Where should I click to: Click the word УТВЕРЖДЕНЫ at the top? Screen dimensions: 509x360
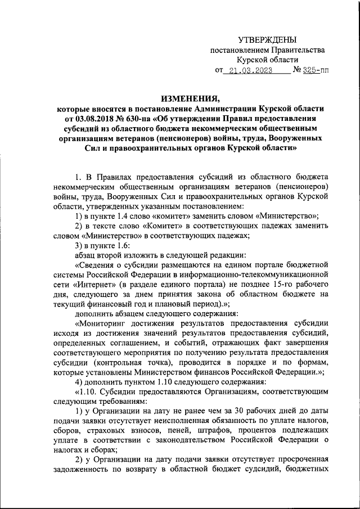267,39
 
